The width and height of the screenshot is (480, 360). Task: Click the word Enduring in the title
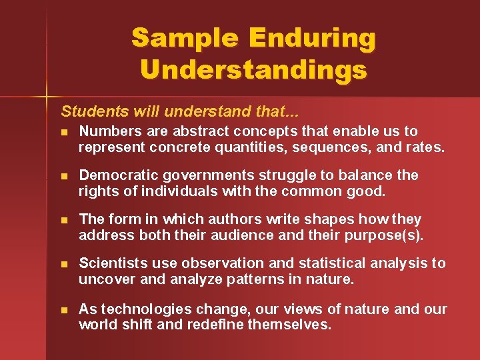[313, 38]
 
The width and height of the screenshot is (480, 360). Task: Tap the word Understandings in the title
[254, 69]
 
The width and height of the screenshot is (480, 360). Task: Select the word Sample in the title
[185, 38]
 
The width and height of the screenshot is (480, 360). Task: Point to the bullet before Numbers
[64, 132]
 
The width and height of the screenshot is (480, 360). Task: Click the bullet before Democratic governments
[64, 176]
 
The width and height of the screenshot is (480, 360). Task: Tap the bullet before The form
[64, 220]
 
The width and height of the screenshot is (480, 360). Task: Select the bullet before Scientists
[64, 264]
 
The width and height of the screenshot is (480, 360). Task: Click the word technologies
[139, 309]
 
